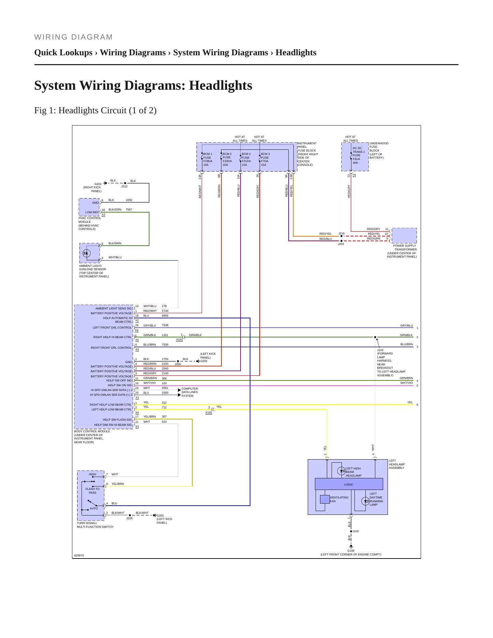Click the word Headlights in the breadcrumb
[296, 53]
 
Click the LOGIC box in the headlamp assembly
[349, 484]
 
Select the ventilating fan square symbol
[325, 499]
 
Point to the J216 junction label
[341, 234]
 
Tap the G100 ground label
[351, 551]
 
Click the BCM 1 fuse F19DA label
[208, 159]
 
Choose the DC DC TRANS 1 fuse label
[358, 156]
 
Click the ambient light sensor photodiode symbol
[87, 253]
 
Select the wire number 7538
[165, 325]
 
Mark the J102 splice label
[380, 350]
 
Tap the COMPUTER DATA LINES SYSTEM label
[190, 392]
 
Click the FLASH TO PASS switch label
[92, 491]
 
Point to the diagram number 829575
[79, 555]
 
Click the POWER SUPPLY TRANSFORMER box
[404, 235]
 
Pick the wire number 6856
[165, 316]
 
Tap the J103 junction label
[356, 531]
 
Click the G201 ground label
[98, 184]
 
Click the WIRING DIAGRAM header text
[73, 37]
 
